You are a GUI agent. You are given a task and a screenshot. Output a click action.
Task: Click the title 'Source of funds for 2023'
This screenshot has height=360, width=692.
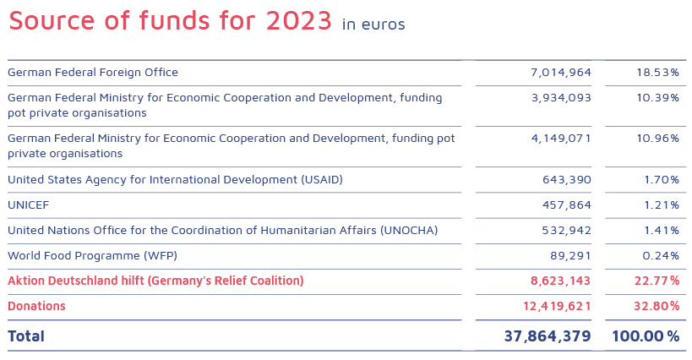(170, 21)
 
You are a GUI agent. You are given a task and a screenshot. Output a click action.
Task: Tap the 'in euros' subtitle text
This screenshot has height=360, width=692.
(373, 25)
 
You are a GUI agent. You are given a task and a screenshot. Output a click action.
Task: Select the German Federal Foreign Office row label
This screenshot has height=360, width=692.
(93, 73)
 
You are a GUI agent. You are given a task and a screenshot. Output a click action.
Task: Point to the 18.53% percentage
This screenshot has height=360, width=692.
(658, 73)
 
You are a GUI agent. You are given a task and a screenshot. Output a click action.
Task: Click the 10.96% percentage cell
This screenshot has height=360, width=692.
(658, 138)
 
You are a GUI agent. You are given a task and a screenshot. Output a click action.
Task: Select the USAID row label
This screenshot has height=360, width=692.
(175, 180)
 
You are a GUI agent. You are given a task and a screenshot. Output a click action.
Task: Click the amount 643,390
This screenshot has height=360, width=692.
(567, 180)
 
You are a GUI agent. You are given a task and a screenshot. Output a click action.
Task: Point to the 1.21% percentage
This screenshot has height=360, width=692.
(662, 205)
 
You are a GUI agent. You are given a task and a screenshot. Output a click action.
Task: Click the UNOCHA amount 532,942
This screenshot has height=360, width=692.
(567, 231)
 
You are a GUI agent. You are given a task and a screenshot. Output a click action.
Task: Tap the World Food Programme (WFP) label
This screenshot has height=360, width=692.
(92, 256)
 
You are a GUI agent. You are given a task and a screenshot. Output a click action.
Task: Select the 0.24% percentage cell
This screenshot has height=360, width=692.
(660, 256)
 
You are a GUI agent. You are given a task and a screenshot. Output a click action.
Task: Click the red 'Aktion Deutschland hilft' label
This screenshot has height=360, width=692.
(155, 281)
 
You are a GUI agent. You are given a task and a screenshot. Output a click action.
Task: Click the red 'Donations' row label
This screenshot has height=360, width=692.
(36, 306)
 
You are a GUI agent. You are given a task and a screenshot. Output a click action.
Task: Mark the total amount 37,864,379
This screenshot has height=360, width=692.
(548, 336)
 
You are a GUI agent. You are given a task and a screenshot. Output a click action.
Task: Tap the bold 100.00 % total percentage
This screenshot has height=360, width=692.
(646, 336)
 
